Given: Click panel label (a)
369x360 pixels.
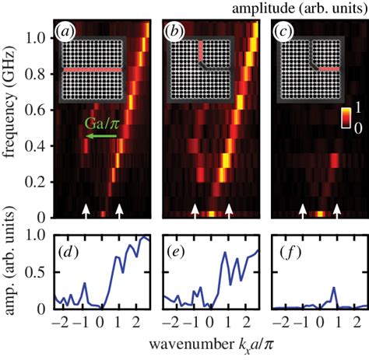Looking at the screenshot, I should tap(62, 32).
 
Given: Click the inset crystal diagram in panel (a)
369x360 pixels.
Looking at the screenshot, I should tap(90, 69).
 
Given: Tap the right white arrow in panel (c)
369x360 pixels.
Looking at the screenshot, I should tap(337, 209).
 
